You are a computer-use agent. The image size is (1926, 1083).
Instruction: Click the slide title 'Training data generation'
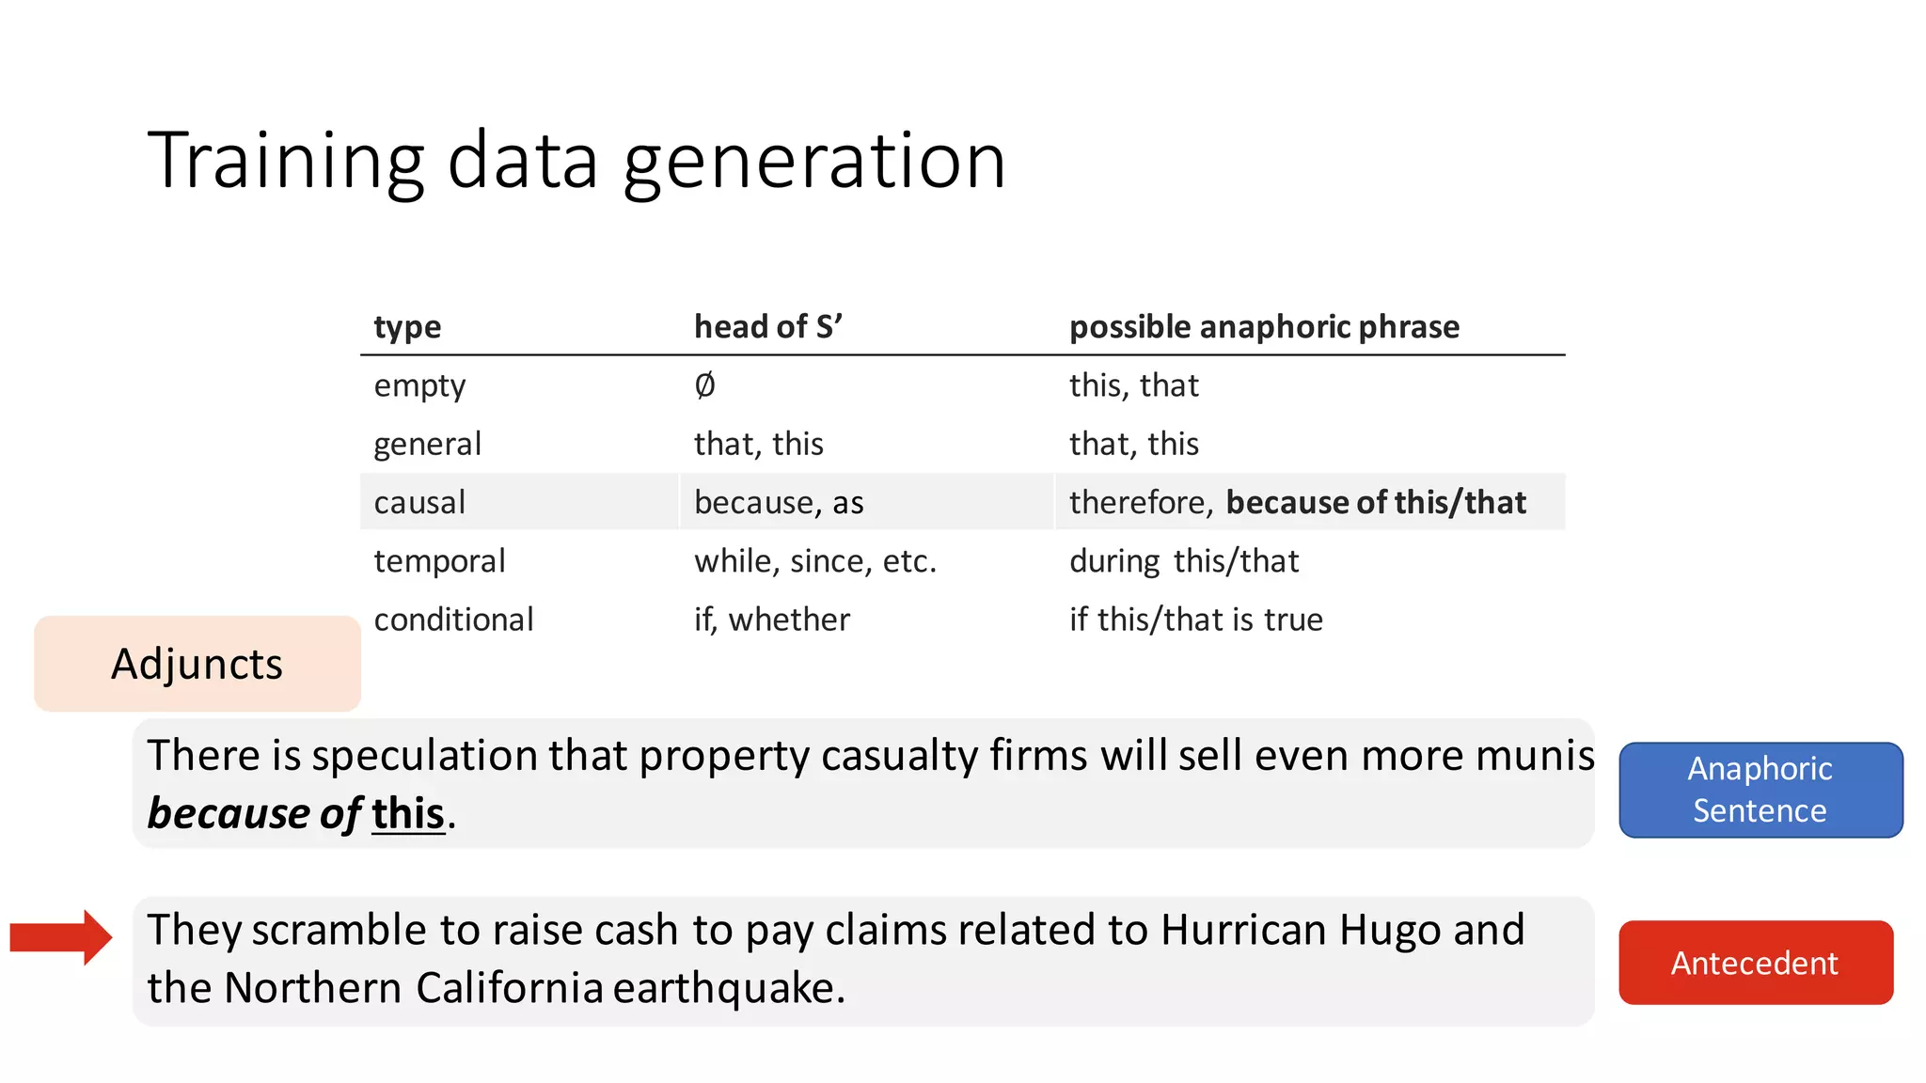click(x=576, y=162)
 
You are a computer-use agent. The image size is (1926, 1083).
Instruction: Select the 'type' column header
click(x=407, y=327)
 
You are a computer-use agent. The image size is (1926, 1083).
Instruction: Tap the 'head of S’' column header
click(x=767, y=327)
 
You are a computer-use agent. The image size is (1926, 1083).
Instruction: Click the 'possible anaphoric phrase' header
click(x=1264, y=327)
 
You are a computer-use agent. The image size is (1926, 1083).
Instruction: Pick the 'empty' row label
click(x=419, y=386)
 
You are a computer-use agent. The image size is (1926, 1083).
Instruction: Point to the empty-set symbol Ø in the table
click(x=704, y=385)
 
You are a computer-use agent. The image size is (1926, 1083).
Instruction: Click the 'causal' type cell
click(x=419, y=503)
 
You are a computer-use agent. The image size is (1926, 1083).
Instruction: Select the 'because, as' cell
click(x=779, y=503)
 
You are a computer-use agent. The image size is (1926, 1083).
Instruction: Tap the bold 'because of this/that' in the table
click(x=1376, y=503)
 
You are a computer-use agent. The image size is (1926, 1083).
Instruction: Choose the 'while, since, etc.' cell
click(x=815, y=561)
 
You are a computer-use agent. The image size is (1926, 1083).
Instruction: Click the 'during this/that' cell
click(x=1184, y=561)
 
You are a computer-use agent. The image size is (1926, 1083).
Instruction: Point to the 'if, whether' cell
click(x=772, y=620)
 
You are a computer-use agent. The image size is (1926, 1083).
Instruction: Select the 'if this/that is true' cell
click(x=1196, y=620)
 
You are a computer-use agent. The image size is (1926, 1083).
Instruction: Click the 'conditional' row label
click(x=453, y=620)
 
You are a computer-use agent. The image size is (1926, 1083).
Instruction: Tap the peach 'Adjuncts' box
click(x=197, y=664)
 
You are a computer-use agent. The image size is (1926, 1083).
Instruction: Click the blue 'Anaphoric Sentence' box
click(x=1760, y=790)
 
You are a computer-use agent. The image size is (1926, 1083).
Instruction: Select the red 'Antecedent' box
click(x=1756, y=963)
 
